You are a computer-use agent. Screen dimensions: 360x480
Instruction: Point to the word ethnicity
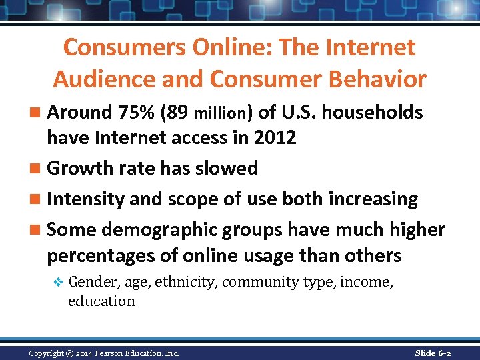coord(186,283)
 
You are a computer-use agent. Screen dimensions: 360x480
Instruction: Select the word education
coord(101,301)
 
